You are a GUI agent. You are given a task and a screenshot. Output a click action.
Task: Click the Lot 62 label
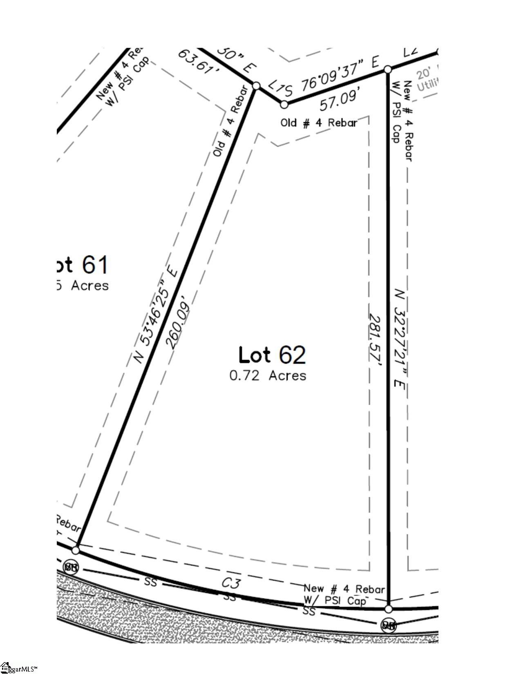tap(272, 355)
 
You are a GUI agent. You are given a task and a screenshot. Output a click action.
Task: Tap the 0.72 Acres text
tap(268, 375)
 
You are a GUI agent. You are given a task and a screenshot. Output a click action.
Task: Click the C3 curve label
tap(231, 583)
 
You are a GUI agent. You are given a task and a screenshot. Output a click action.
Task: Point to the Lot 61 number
tap(95, 265)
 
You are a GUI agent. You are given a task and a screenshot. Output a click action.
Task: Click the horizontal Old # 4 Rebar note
tap(319, 123)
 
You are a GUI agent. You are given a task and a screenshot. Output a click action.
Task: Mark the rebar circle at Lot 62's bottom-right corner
tap(389, 609)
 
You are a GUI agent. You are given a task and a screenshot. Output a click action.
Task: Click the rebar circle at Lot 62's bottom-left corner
tap(76, 550)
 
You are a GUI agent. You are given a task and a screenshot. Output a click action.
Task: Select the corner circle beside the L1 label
tap(284, 104)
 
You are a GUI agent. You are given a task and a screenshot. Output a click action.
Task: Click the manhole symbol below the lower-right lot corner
tap(388, 625)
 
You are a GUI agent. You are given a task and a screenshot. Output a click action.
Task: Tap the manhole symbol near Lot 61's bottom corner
tap(71, 567)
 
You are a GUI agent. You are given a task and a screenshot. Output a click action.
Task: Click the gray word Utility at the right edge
tap(427, 85)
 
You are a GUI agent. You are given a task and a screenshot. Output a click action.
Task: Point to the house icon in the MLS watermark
tap(5, 667)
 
